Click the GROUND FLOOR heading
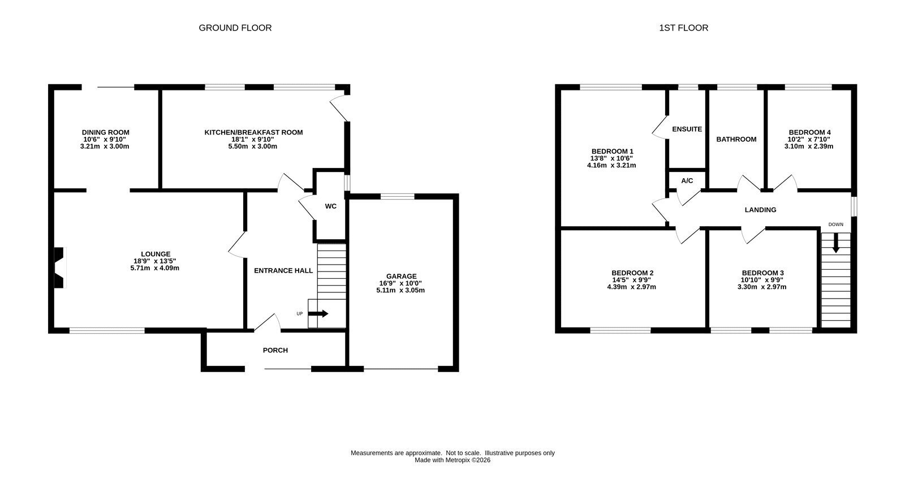tap(235, 28)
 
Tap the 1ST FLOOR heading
tap(684, 28)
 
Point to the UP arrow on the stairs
tap(319, 313)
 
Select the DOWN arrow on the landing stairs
tap(836, 243)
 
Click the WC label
tap(330, 206)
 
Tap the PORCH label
tap(275, 350)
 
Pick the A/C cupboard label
tap(687, 180)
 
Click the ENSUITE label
tap(687, 130)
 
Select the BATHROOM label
tap(736, 139)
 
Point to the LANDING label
tap(760, 210)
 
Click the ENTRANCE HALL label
tap(283, 271)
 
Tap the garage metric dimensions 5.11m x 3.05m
tap(400, 291)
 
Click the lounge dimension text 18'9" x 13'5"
tap(155, 261)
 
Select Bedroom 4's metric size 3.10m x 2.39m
tap(809, 146)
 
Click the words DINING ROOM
tap(105, 132)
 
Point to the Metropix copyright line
tap(453, 460)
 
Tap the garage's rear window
tap(397, 197)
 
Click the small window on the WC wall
tap(347, 183)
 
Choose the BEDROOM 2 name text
tap(632, 273)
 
